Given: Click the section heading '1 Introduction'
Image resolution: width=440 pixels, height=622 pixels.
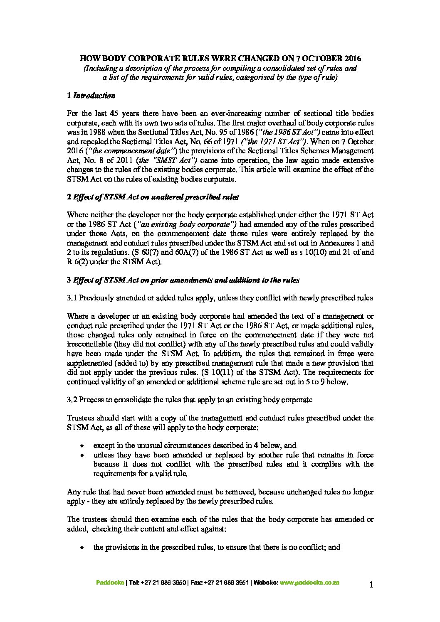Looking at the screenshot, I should tap(91, 96).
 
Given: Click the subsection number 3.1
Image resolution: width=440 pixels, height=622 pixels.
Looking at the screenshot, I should tap(72, 298).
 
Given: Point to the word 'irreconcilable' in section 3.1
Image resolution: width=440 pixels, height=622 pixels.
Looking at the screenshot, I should tap(88, 344).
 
